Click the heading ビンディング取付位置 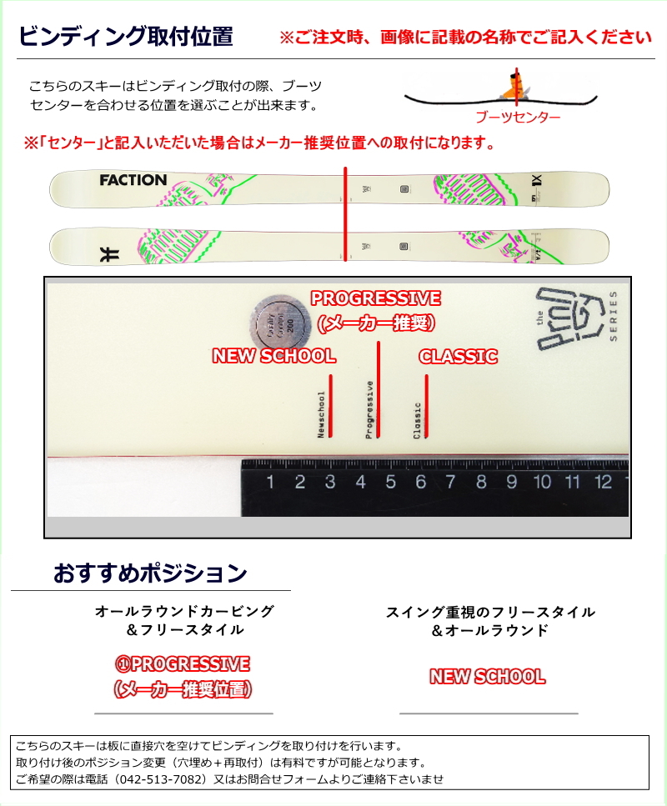coord(125,37)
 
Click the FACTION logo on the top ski coord(133,180)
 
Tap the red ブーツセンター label coord(517,118)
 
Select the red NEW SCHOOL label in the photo coord(273,356)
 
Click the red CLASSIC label coord(458,356)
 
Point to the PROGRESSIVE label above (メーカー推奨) coord(376,298)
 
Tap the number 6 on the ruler coord(421,482)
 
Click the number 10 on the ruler coord(542,482)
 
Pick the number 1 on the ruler coord(270,482)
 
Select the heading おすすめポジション coord(150,573)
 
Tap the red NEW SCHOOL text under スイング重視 coord(488,677)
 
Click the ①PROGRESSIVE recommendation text coord(183,664)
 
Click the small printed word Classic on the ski coord(417,420)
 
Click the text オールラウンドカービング coord(184,611)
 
